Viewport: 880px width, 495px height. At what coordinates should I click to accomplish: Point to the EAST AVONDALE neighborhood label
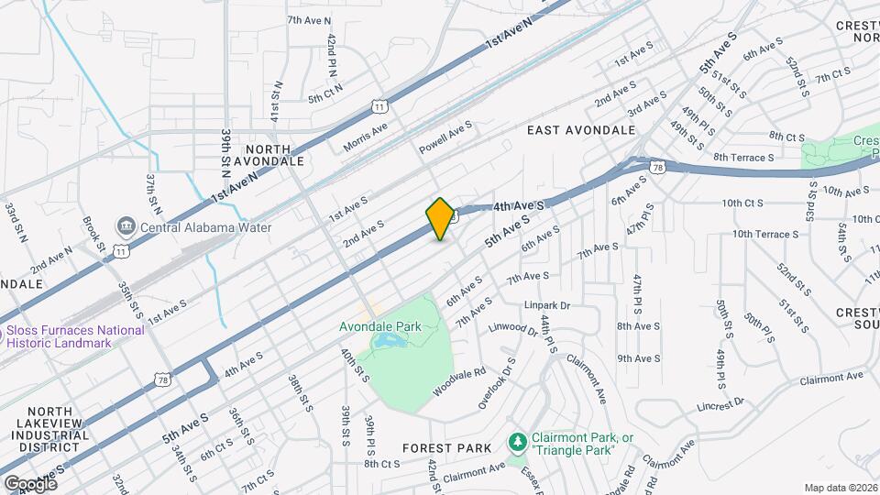tap(581, 130)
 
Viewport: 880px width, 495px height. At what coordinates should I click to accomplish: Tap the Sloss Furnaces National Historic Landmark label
tap(76, 336)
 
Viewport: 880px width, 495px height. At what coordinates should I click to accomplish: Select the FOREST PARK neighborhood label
tap(446, 448)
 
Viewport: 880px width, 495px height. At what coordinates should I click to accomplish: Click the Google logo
tap(29, 483)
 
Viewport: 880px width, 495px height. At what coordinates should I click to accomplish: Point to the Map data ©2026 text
tap(841, 488)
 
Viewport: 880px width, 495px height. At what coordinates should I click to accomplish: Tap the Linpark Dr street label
tap(549, 305)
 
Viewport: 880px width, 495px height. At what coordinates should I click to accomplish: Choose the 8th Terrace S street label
tap(744, 158)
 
